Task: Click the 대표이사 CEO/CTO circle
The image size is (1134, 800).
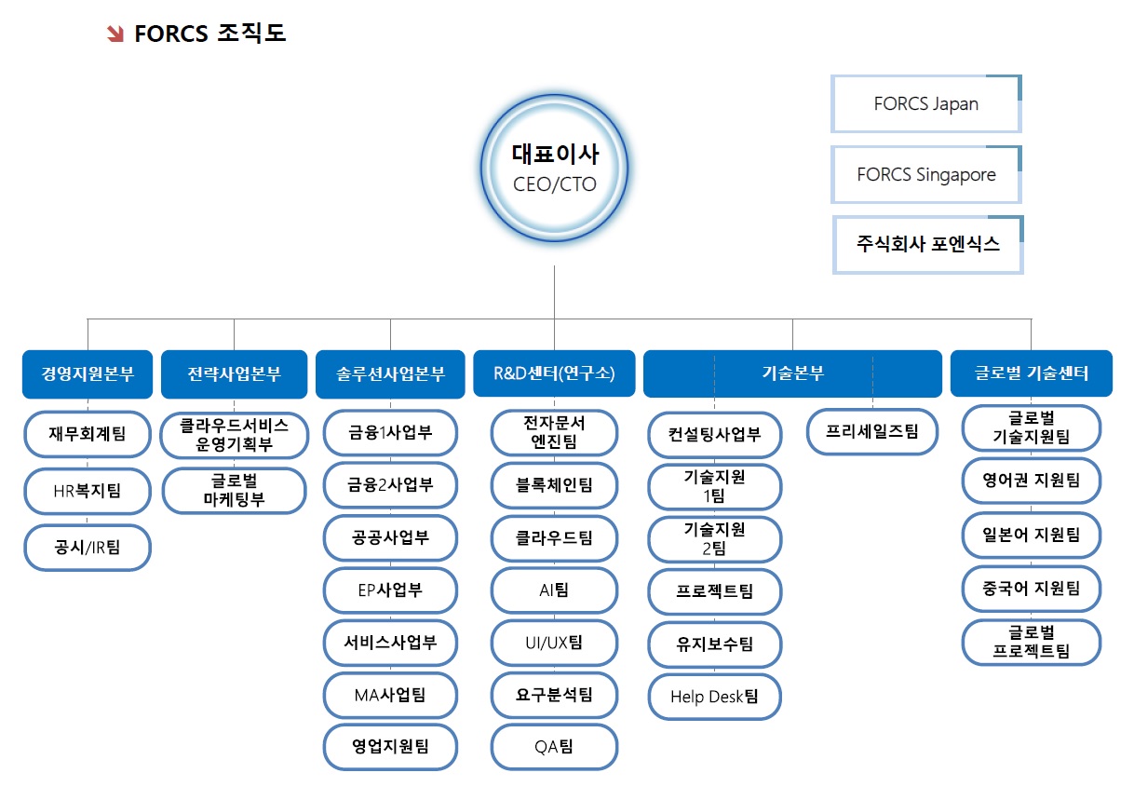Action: click(x=555, y=168)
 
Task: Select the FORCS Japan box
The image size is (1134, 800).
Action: click(x=925, y=103)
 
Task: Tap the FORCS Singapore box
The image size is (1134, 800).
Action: click(x=925, y=175)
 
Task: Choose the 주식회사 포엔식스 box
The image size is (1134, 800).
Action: click(x=927, y=245)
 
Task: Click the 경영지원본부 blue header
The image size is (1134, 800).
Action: click(x=88, y=373)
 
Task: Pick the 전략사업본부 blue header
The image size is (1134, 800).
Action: click(x=234, y=373)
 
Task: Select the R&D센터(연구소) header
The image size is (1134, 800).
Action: click(x=554, y=373)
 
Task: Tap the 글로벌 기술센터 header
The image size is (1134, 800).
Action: click(x=1031, y=373)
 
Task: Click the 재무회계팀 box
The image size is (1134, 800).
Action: click(x=88, y=433)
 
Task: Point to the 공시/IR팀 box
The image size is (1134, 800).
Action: click(x=88, y=548)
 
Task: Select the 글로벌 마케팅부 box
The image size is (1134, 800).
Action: click(x=234, y=491)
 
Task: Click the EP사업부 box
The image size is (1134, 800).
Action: click(x=390, y=590)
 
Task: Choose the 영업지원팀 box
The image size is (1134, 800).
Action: click(x=390, y=747)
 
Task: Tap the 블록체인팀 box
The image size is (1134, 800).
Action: click(x=554, y=485)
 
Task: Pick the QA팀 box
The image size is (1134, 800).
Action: click(x=554, y=747)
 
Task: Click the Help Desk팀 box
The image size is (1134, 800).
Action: click(x=714, y=697)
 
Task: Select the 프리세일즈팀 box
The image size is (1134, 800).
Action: click(x=871, y=431)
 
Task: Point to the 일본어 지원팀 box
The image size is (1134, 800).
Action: click(x=1031, y=535)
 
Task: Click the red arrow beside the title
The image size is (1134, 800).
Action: click(x=116, y=34)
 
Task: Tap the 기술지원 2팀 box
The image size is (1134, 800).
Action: click(x=714, y=538)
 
